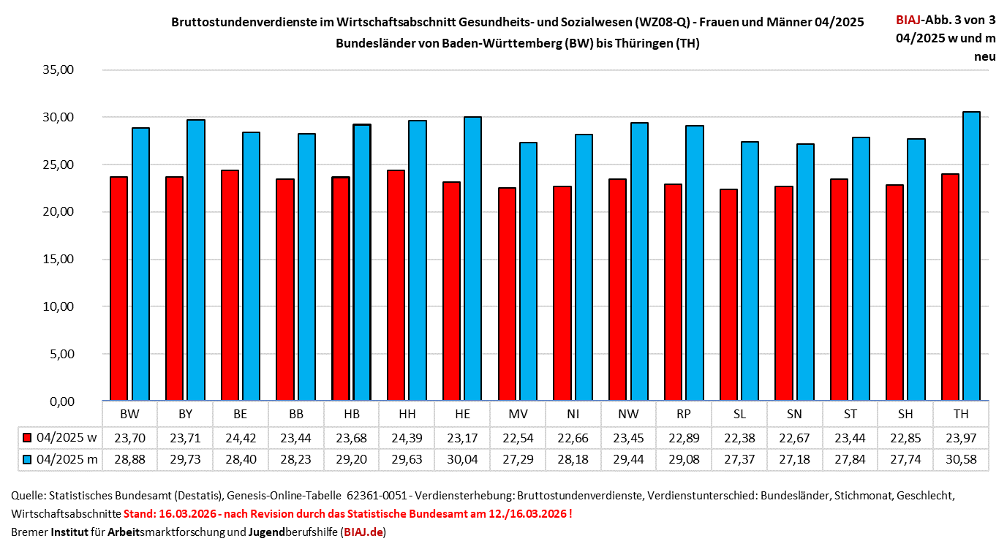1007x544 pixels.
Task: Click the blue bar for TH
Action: pyautogui.click(x=971, y=256)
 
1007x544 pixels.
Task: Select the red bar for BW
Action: pyautogui.click(x=118, y=288)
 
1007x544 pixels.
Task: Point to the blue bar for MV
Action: pyautogui.click(x=528, y=271)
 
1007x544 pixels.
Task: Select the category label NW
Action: pyautogui.click(x=628, y=414)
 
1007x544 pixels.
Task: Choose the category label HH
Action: pyautogui.click(x=407, y=414)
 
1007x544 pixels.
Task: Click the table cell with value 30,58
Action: pyautogui.click(x=961, y=459)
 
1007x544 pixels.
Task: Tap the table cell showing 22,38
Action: pyautogui.click(x=739, y=437)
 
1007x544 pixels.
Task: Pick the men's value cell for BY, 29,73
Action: pyautogui.click(x=186, y=459)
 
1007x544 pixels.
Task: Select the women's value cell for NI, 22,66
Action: pyautogui.click(x=573, y=437)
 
